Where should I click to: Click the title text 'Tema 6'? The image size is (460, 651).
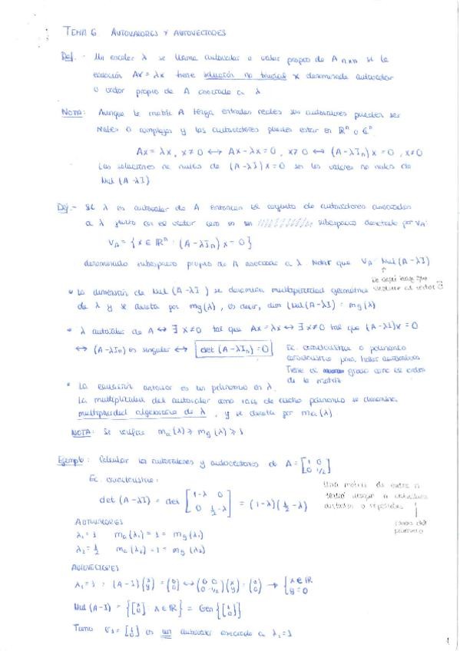coord(81,33)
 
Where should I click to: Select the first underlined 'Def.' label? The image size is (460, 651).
coord(70,58)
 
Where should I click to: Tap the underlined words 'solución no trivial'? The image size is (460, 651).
coord(234,78)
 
